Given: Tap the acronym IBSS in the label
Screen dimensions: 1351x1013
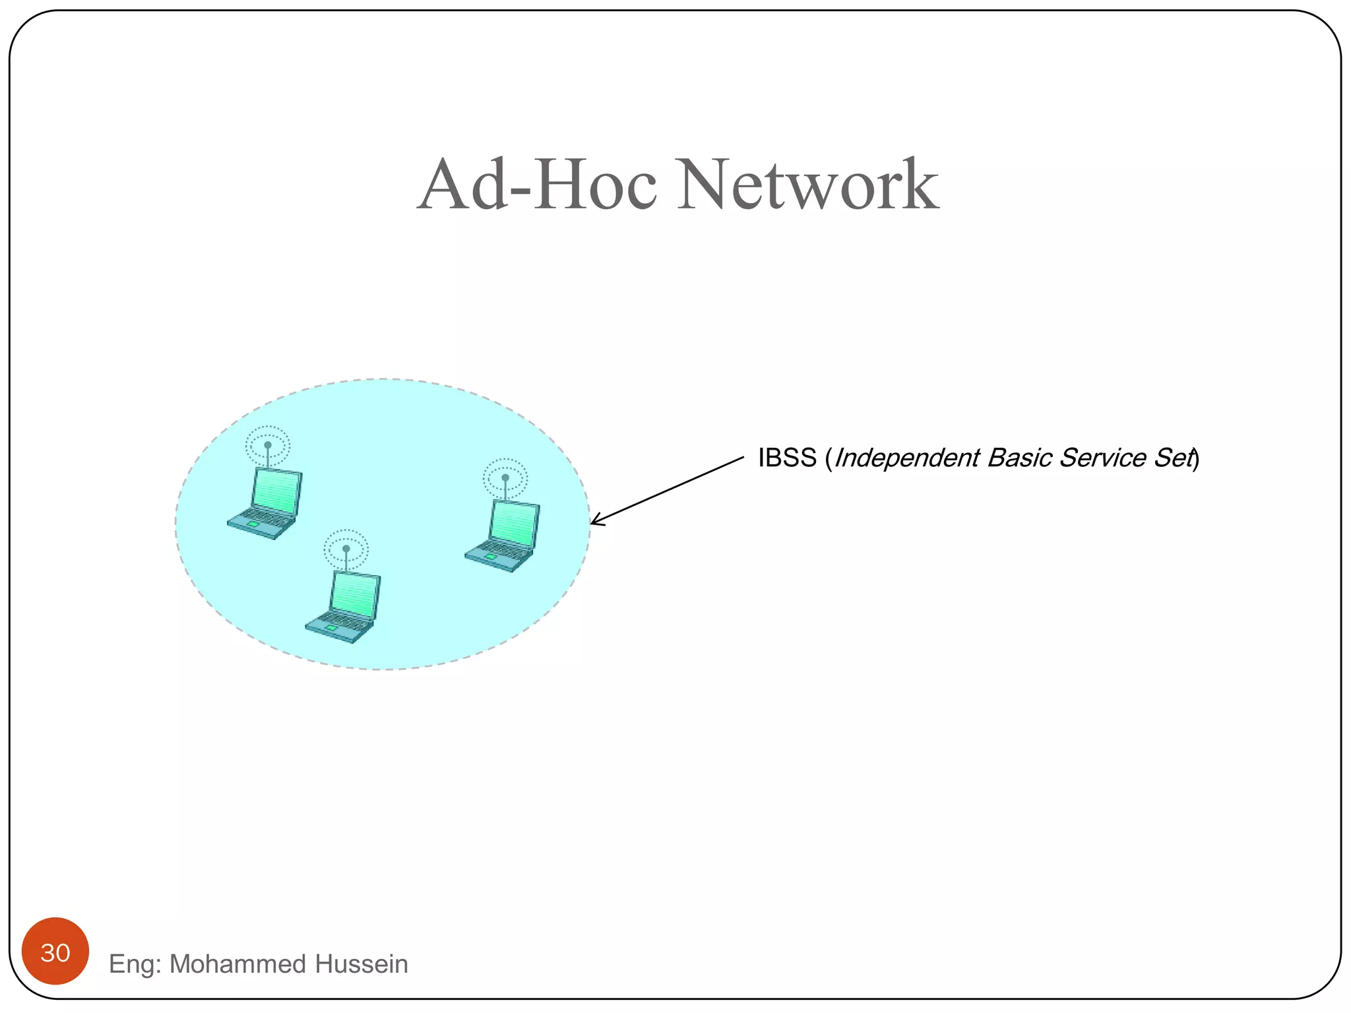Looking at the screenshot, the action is tap(787, 458).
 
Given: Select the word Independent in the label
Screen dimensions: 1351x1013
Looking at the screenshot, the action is tap(907, 458).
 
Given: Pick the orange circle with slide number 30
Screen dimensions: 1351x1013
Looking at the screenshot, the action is tap(55, 951).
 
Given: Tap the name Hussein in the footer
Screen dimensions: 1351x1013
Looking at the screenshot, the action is tap(361, 964).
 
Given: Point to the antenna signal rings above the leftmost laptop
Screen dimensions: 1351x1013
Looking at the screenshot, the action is tap(268, 445).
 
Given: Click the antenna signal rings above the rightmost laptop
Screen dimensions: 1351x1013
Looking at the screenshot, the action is tap(505, 477).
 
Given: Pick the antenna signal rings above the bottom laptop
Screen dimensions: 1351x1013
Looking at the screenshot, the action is tap(346, 548).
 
